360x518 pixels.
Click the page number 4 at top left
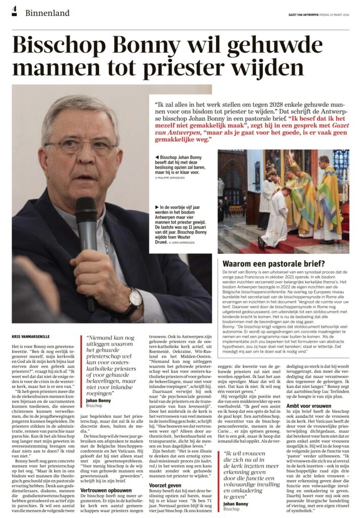tap(14, 11)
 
